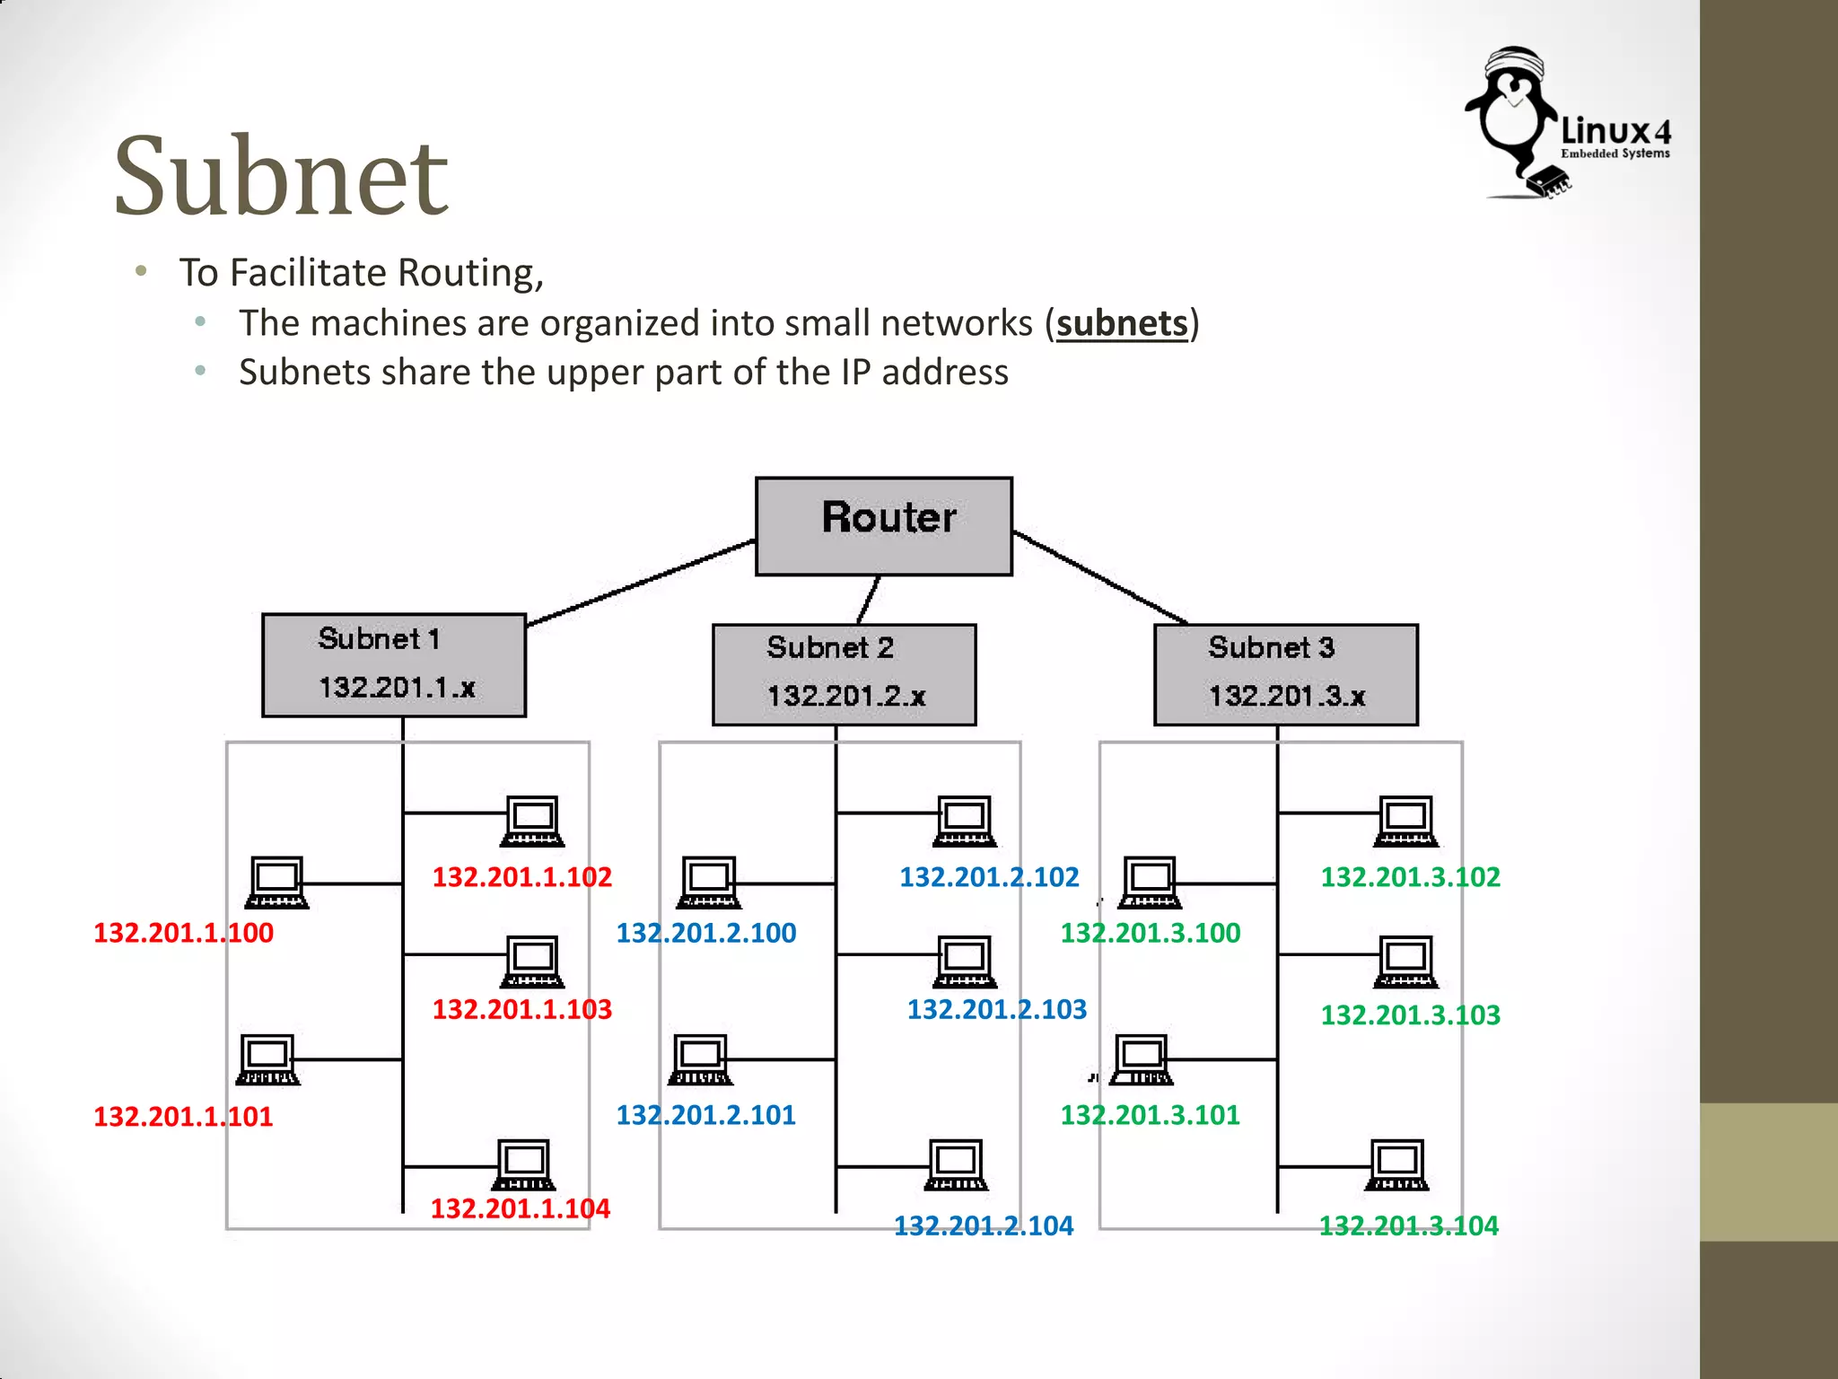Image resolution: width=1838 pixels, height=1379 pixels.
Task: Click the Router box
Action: (884, 525)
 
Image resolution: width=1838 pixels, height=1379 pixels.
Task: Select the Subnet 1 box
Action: (394, 665)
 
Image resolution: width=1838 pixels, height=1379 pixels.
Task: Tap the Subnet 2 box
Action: (844, 674)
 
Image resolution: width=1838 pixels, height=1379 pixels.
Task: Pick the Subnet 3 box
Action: (1285, 674)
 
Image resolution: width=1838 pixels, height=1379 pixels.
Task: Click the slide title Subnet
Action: (281, 176)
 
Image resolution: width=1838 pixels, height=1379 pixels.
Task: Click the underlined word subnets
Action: (1121, 323)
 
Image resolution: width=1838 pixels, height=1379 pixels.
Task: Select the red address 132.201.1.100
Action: (183, 933)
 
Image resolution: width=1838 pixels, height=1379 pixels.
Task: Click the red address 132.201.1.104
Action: (520, 1208)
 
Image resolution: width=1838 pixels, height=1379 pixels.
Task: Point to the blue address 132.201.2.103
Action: (996, 1009)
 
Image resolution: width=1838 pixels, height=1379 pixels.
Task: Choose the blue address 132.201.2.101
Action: (705, 1115)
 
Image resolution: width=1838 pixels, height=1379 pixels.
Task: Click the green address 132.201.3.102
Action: (1410, 877)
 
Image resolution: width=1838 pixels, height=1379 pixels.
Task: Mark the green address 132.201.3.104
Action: (1408, 1225)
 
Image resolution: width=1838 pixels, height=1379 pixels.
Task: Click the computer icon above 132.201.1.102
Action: (532, 821)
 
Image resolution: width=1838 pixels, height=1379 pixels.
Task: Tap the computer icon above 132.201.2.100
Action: (709, 882)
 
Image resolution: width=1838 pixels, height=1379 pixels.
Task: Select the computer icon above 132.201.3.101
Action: (1142, 1059)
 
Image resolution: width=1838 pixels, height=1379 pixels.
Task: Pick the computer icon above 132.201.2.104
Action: (956, 1164)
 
